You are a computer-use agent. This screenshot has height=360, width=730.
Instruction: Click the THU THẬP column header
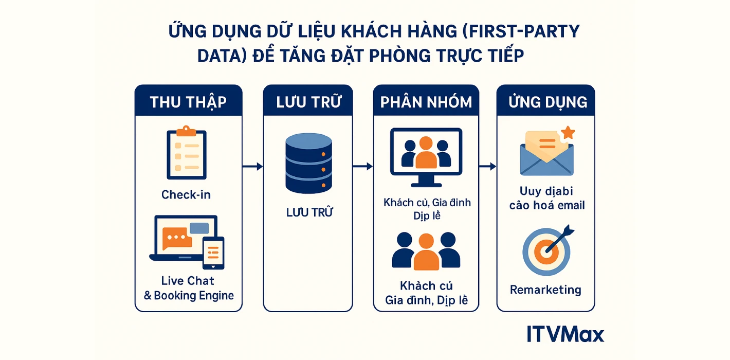pyautogui.click(x=188, y=101)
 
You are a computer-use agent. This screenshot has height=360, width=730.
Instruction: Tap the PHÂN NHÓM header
pyautogui.click(x=426, y=101)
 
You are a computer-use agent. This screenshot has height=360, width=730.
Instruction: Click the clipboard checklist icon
pyautogui.click(x=186, y=153)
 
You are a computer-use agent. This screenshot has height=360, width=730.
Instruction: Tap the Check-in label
pyautogui.click(x=186, y=194)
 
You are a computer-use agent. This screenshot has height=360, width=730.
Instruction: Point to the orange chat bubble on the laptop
pyautogui.click(x=176, y=238)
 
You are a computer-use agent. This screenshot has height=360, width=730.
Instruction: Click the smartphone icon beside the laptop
pyautogui.click(x=213, y=253)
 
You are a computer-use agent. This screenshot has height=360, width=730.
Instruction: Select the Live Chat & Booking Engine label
pyautogui.click(x=188, y=288)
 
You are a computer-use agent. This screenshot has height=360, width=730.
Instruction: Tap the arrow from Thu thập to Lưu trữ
pyautogui.click(x=252, y=166)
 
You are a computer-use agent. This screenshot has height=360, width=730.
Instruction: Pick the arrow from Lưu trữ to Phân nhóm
pyautogui.click(x=363, y=166)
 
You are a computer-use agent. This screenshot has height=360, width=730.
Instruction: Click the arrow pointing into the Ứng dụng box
pyautogui.click(x=487, y=166)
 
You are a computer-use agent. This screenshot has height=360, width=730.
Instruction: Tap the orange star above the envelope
pyautogui.click(x=568, y=133)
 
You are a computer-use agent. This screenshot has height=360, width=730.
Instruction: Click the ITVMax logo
pyautogui.click(x=565, y=334)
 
